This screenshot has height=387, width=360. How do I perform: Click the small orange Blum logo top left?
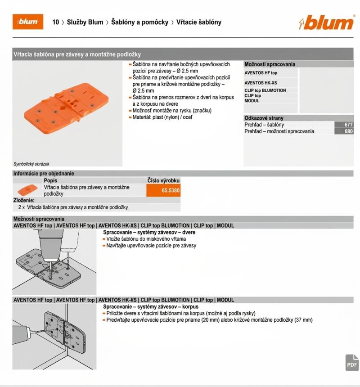28,22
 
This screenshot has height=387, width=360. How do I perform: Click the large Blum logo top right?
326,22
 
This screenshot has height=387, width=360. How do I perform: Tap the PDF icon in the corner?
352,363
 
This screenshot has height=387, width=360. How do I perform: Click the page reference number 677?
348,125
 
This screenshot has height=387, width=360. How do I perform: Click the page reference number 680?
348,131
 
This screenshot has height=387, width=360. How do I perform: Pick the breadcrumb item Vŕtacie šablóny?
198,22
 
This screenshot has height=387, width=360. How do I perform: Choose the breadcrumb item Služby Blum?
85,22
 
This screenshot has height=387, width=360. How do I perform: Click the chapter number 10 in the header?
55,22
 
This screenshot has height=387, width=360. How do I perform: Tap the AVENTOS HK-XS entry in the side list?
261,83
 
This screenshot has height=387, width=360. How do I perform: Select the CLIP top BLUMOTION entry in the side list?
265,90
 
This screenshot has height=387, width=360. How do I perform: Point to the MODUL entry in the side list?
252,101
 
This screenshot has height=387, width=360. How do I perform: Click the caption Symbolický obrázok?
31,164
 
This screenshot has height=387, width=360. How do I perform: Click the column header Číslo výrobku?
163,180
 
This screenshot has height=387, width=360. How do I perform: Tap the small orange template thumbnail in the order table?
27,190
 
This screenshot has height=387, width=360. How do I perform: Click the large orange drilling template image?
66,108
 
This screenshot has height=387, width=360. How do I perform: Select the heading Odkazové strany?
264,118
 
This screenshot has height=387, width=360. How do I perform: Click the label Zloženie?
24,200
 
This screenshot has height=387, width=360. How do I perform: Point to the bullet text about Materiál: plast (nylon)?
162,117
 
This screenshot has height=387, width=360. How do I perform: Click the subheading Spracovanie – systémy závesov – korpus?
151,307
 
